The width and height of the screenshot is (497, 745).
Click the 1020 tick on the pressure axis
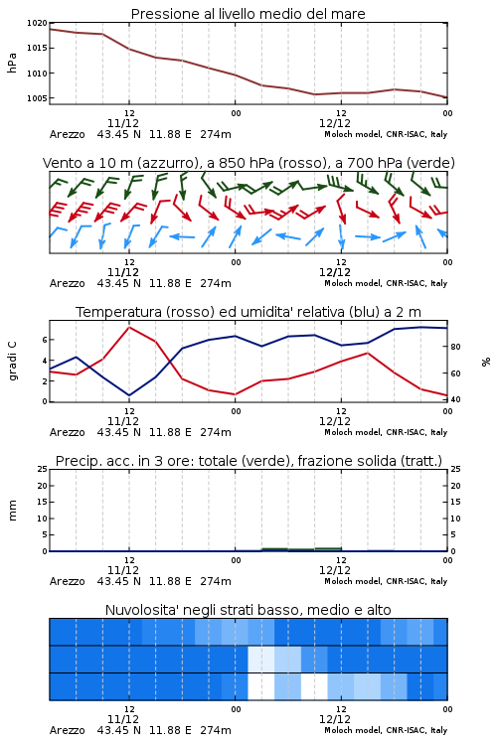37,23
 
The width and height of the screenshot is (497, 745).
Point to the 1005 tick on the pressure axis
37,98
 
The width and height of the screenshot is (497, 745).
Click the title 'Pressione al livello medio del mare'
248,14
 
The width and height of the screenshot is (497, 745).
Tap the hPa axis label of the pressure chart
12,63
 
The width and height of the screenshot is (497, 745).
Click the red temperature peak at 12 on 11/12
129,328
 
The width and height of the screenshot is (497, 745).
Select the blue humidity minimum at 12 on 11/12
129,395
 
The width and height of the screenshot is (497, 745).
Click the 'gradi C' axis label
12,361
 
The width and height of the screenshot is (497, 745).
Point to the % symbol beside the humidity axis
486,362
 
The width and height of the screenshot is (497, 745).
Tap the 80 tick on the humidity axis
455,347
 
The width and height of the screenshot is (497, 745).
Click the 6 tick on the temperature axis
45,340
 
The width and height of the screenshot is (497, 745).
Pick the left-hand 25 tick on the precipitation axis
43,469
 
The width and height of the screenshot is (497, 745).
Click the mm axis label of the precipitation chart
12,511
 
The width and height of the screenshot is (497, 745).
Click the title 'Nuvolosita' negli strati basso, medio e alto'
248,610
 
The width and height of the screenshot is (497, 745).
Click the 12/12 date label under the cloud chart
335,719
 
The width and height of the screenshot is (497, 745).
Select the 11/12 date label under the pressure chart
123,123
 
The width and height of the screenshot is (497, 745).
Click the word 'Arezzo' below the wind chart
67,284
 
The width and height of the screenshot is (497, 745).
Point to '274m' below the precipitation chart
216,581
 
